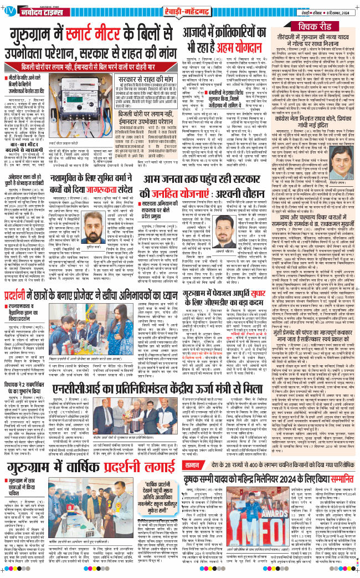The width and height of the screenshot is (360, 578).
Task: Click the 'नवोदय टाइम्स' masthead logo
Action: click(33, 9)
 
